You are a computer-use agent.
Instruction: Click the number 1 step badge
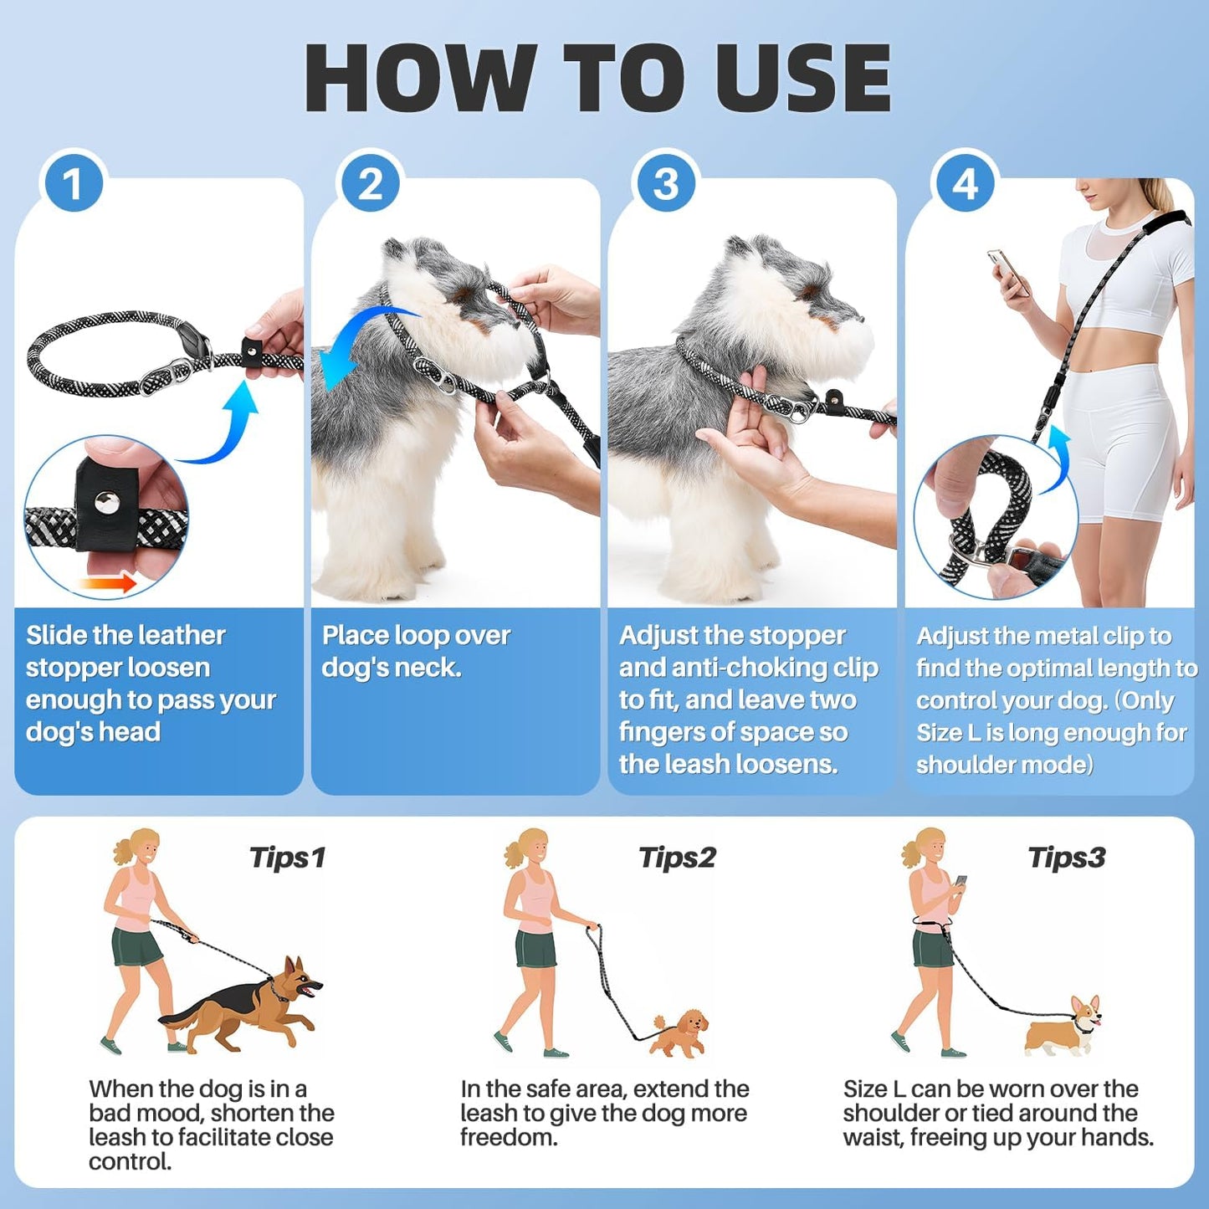click(74, 183)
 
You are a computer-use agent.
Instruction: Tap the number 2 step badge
click(370, 183)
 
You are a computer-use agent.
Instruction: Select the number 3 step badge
click(666, 183)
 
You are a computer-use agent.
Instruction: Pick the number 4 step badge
click(964, 183)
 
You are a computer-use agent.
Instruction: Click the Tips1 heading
click(287, 858)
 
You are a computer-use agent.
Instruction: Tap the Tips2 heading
click(677, 858)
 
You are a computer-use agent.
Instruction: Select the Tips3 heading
click(1067, 858)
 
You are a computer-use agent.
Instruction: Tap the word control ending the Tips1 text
click(129, 1162)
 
